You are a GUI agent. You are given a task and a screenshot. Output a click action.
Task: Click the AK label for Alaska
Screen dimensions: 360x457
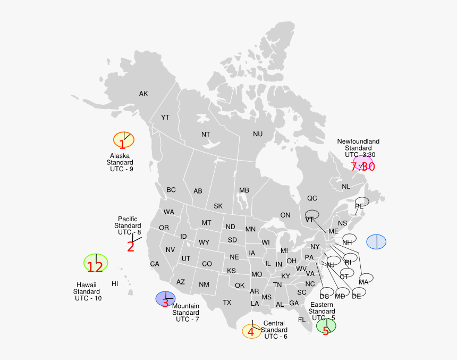point(143,94)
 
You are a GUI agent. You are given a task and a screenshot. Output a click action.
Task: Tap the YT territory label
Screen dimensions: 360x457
point(165,117)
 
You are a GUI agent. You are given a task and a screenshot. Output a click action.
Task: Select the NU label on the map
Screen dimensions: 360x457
point(258,134)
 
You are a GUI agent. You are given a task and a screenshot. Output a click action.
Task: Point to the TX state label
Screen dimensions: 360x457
point(227,303)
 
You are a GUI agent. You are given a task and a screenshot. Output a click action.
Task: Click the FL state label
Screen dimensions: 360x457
point(302,320)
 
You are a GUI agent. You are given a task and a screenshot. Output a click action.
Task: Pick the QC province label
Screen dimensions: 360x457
point(312,198)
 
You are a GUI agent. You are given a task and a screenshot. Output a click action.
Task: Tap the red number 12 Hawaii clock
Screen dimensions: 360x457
point(96,263)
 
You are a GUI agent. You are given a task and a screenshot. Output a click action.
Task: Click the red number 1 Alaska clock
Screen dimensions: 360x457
point(123,140)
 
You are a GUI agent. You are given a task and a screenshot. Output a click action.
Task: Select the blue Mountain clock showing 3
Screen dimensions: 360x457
point(165,299)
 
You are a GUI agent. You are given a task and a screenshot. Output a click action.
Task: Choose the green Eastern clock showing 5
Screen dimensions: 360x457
point(326,326)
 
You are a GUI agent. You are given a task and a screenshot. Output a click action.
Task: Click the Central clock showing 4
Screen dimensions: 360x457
point(251,331)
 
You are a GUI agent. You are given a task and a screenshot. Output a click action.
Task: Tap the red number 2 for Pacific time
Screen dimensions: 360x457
point(131,246)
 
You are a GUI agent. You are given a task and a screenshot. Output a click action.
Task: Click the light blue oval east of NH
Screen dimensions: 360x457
point(376,241)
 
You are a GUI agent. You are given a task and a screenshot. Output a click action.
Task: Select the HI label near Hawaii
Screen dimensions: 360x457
point(115,283)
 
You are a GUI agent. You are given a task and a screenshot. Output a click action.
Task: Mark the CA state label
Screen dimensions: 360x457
point(155,264)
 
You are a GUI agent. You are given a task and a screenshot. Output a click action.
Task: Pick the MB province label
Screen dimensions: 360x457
point(244,190)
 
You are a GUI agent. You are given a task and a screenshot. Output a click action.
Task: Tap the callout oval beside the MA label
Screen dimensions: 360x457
point(367,278)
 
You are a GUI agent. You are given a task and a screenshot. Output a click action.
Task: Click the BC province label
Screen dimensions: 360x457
point(171,190)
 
